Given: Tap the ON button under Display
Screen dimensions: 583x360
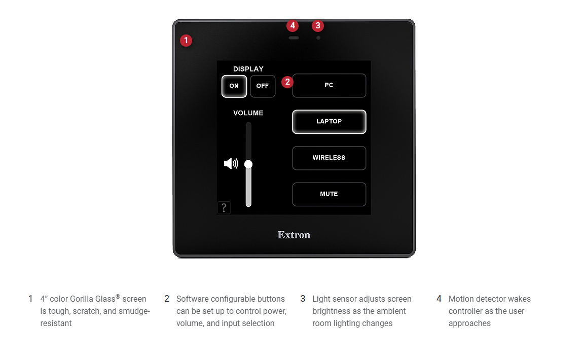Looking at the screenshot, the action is [234, 86].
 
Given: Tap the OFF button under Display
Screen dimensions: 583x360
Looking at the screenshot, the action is [263, 86].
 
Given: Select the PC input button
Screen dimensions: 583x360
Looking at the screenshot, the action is [329, 86].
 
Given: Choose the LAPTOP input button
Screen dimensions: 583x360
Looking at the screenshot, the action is [329, 122].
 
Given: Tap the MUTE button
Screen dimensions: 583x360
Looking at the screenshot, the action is [329, 194].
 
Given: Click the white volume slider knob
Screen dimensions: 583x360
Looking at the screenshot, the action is [248, 164].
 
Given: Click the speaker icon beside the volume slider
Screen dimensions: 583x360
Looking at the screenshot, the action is [231, 163].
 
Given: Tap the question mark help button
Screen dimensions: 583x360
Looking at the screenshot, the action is [224, 207].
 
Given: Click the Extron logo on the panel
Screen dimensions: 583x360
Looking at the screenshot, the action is [294, 235].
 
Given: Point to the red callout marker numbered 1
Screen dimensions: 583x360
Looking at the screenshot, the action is [186, 40].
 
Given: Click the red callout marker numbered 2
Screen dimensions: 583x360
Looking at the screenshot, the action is [287, 82].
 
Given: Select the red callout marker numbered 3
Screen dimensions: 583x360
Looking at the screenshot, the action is [317, 26].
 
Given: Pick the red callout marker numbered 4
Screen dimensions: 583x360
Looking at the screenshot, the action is [293, 26].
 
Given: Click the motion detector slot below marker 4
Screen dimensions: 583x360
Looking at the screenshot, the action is [294, 38].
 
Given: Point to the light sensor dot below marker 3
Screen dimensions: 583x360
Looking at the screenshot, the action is [318, 38].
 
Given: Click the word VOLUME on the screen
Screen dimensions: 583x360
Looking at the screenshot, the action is [248, 113].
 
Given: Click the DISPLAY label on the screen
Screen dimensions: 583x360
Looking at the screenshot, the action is [248, 69].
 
